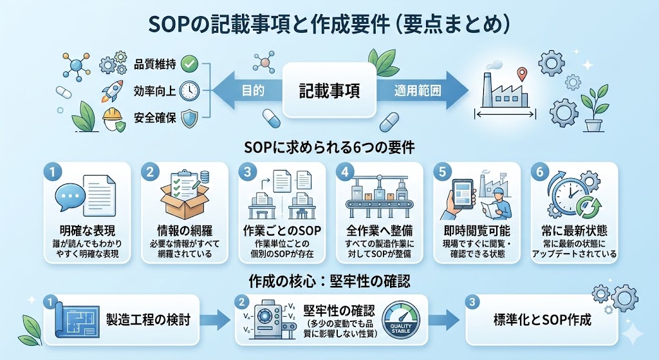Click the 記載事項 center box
tap(329, 90)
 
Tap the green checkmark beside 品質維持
tap(189, 64)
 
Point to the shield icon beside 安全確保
tap(189, 118)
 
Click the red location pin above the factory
tap(522, 75)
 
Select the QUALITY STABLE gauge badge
tap(400, 319)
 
